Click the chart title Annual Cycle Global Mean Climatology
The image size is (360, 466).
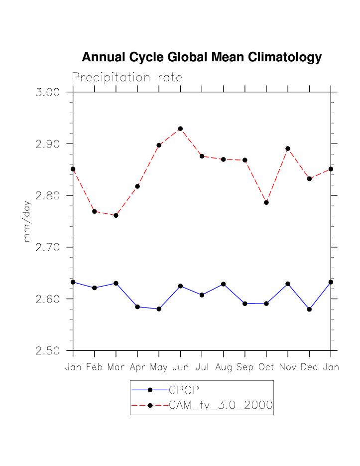pyautogui.click(x=202, y=57)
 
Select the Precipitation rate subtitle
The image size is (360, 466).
pyautogui.click(x=127, y=78)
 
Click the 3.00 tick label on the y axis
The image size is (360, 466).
pyautogui.click(x=48, y=93)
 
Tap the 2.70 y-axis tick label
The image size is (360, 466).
pyautogui.click(x=48, y=248)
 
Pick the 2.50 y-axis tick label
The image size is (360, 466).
pyautogui.click(x=48, y=351)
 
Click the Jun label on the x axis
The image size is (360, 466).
pyautogui.click(x=180, y=367)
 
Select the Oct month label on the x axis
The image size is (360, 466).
pyautogui.click(x=266, y=367)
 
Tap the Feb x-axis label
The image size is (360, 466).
pyautogui.click(x=95, y=367)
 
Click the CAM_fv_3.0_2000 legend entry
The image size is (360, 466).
pyautogui.click(x=221, y=405)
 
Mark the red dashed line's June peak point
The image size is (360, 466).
pyautogui.click(x=180, y=129)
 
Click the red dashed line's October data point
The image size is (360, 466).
pyautogui.click(x=266, y=202)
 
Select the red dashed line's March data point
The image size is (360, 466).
pyautogui.click(x=116, y=215)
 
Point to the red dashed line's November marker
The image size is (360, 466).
pyautogui.click(x=288, y=149)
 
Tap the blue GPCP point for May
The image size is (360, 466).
pyautogui.click(x=159, y=309)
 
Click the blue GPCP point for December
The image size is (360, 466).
pyautogui.click(x=309, y=310)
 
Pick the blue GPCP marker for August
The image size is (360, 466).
pyautogui.click(x=223, y=284)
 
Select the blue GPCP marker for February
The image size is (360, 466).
pyautogui.click(x=95, y=288)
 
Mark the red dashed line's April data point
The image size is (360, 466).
pyautogui.click(x=137, y=186)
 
